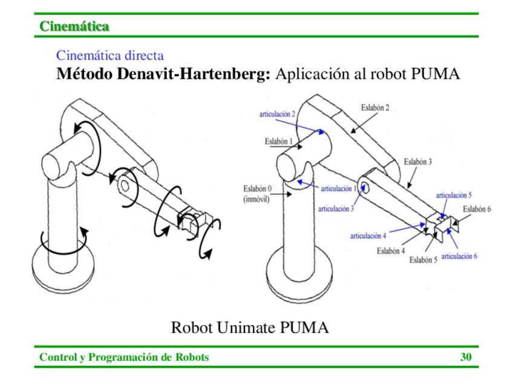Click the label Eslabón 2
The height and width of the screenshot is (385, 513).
[x=375, y=108]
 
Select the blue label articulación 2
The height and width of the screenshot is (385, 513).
[x=277, y=114]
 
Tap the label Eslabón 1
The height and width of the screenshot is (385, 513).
[x=278, y=142]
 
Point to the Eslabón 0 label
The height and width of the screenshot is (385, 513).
[x=258, y=189]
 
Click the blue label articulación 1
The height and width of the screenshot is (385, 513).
[x=338, y=189]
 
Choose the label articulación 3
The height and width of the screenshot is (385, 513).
[x=336, y=208]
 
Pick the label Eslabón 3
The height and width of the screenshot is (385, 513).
[x=418, y=162]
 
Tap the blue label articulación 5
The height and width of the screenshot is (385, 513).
[x=454, y=195]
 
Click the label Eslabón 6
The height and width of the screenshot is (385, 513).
[x=477, y=209]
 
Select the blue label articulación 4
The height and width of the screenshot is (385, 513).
[x=368, y=235]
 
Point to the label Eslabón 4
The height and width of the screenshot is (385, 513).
[x=391, y=251]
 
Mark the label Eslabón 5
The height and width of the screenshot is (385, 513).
[x=423, y=260]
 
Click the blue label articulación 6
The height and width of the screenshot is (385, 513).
[x=459, y=256]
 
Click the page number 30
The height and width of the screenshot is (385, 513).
[x=466, y=357]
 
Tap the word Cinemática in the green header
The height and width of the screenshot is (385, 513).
[x=74, y=26]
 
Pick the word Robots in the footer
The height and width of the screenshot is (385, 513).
[x=192, y=357]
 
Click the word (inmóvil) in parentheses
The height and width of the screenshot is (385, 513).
[x=256, y=199]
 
